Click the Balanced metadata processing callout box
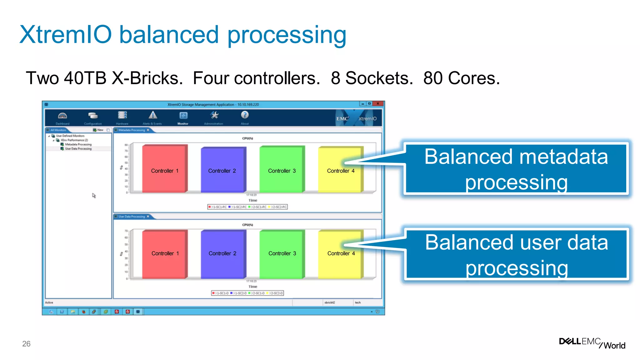[516, 169]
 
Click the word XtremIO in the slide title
[66, 34]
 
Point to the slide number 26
[26, 344]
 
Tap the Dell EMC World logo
[592, 343]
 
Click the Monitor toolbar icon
[183, 116]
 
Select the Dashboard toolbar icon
[62, 116]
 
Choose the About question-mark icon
[245, 115]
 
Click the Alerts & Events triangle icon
[152, 115]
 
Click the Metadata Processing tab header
[132, 130]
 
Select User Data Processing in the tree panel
[78, 149]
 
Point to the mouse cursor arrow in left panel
[93, 195]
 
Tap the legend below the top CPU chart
[247, 207]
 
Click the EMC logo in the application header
[342, 119]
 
